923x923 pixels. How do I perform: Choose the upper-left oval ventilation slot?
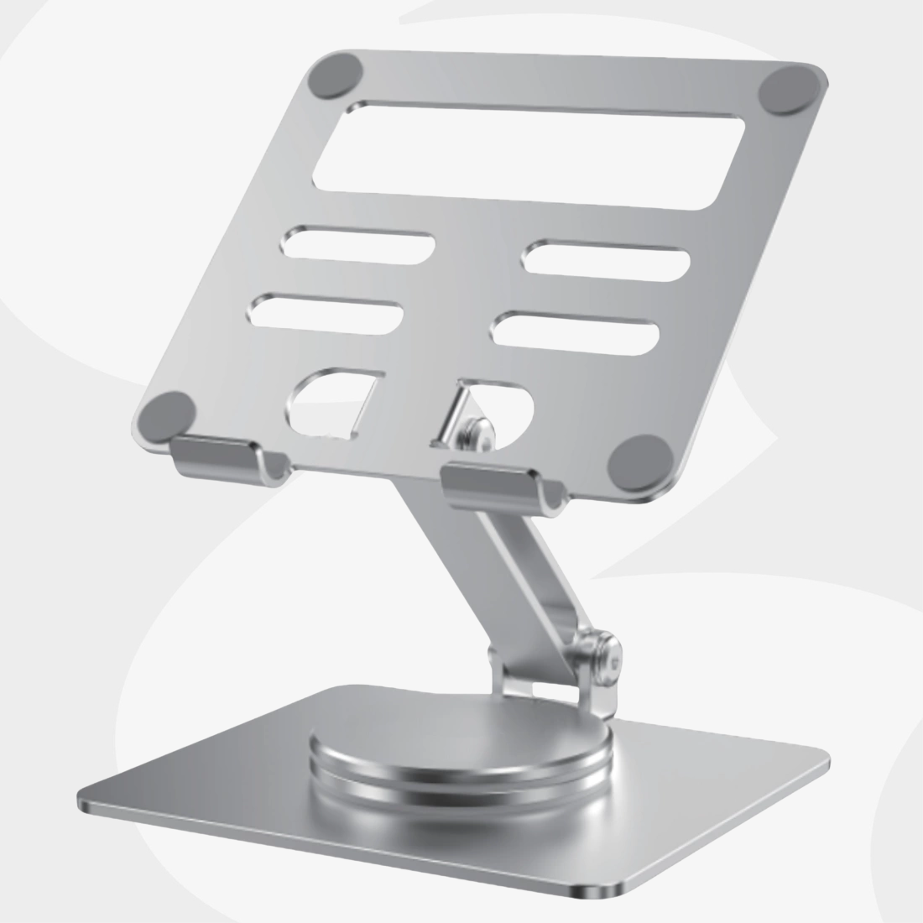tap(359, 242)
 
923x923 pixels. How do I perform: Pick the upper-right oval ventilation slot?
tap(606, 259)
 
